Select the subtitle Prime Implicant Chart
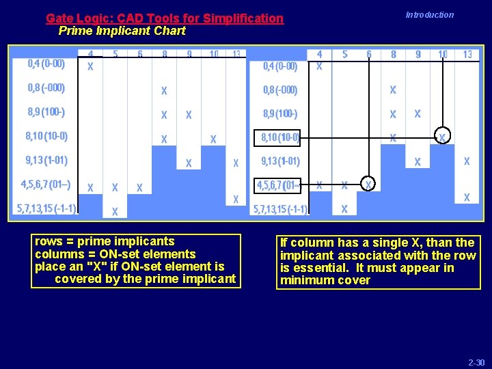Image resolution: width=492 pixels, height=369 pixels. click(x=122, y=31)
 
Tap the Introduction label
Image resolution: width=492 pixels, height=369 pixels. click(x=429, y=15)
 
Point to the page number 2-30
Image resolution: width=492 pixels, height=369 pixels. click(x=476, y=361)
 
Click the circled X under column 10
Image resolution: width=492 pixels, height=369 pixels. click(x=442, y=137)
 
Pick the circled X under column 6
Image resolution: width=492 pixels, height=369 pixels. click(x=368, y=184)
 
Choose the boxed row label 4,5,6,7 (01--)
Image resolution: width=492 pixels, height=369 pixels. click(x=277, y=185)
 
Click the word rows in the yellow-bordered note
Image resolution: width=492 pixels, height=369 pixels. click(x=49, y=241)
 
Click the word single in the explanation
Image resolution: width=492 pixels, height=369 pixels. click(x=381, y=243)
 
